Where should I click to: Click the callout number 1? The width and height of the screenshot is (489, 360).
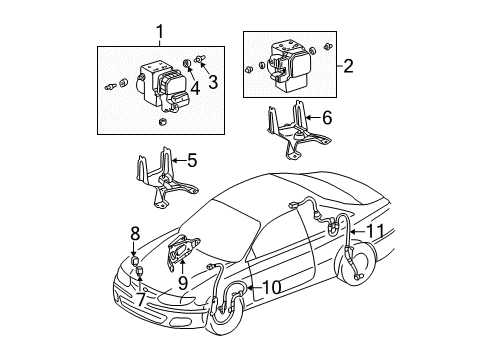click(156, 32)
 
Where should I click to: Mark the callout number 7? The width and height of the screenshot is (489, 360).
click(141, 297)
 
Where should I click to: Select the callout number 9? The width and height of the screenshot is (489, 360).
click(182, 282)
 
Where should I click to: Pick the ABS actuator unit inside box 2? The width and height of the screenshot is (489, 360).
click(291, 62)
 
